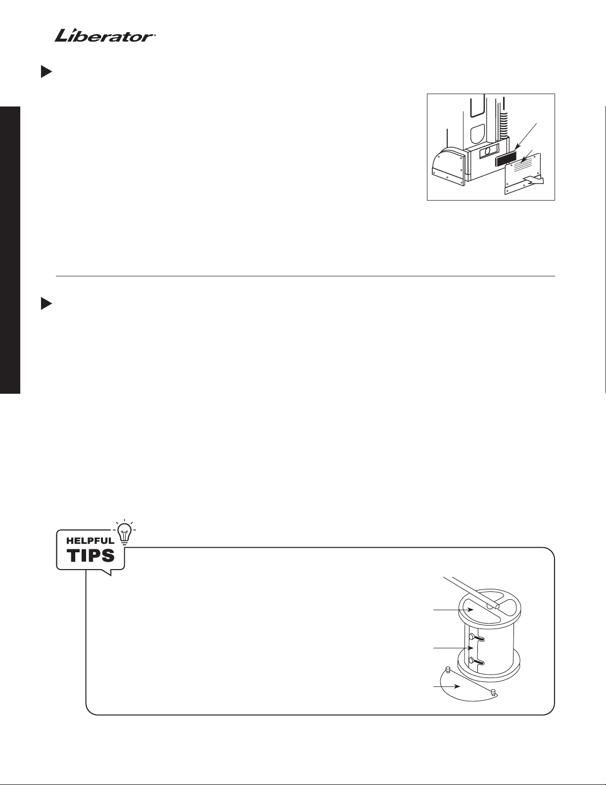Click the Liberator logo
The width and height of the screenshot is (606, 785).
click(x=105, y=36)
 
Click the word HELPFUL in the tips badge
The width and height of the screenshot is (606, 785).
click(x=90, y=541)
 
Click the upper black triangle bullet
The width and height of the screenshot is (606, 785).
click(x=46, y=71)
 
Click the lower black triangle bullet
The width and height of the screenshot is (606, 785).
click(x=46, y=304)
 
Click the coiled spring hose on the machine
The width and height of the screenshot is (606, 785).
click(x=504, y=125)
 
